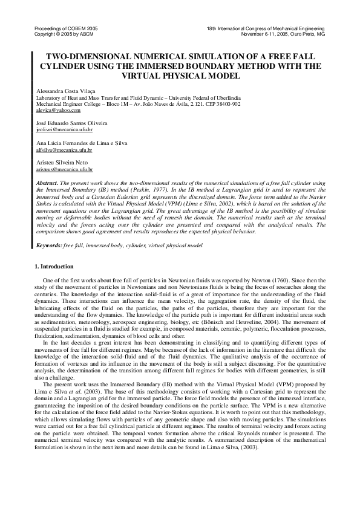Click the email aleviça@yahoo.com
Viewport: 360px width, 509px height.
pos(50,110)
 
